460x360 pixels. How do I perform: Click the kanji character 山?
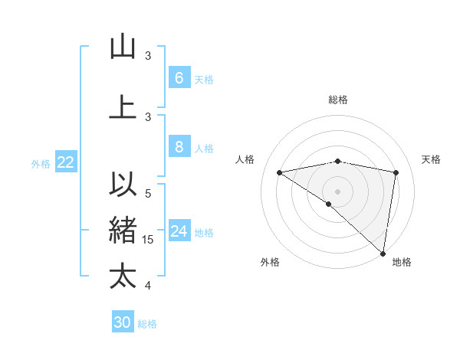[123, 47]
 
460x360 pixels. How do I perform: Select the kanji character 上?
[123, 107]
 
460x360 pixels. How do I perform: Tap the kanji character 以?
[123, 185]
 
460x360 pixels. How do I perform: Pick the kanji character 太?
[123, 276]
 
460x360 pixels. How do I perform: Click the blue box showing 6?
[179, 78]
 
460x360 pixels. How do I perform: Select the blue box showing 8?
[179, 147]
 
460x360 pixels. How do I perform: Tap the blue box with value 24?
[179, 231]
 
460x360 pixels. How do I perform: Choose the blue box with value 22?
[66, 162]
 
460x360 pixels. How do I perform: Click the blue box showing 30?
[123, 322]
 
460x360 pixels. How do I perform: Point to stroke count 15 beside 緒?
[148, 240]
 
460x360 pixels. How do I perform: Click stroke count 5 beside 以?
[148, 194]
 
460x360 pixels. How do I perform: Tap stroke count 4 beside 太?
[148, 286]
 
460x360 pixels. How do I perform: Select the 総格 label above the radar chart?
[337, 100]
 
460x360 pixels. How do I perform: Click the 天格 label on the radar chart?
[431, 159]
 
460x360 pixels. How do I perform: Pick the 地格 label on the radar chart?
[402, 262]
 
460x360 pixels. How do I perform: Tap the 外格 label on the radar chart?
[270, 262]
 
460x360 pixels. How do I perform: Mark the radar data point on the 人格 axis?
[279, 172]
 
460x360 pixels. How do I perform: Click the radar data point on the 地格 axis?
[383, 253]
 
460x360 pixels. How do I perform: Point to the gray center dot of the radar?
[337, 191]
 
